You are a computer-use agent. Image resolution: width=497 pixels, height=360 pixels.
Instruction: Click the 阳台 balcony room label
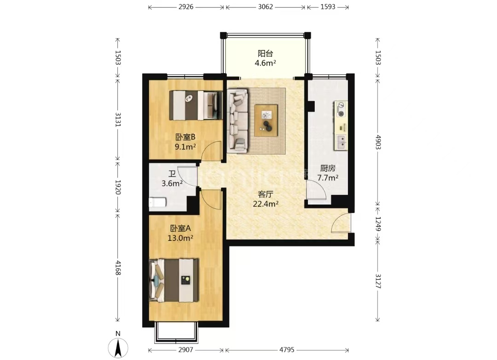point(266,53)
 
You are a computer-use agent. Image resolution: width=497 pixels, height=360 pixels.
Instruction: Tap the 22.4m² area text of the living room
point(266,204)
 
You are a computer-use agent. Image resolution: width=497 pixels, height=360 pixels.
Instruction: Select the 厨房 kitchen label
point(328,168)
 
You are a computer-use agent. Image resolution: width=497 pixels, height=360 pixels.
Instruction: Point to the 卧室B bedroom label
point(185,137)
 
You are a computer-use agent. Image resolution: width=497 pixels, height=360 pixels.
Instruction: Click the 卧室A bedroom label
point(180,229)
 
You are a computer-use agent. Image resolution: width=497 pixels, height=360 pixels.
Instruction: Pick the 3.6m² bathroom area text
point(172,183)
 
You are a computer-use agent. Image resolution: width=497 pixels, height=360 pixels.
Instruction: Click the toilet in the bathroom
point(157,202)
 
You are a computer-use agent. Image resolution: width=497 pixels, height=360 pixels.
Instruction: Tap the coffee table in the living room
point(266,120)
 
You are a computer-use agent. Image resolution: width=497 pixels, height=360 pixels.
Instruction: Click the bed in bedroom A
point(174,280)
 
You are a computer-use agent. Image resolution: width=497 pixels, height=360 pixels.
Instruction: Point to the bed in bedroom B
point(196,105)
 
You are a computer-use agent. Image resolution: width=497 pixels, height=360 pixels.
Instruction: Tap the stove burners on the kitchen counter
point(341,109)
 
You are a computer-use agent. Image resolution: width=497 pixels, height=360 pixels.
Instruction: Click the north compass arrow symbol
point(118,348)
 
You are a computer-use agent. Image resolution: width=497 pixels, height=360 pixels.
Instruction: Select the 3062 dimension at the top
point(266,6)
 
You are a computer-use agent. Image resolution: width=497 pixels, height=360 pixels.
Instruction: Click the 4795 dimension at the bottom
point(287,350)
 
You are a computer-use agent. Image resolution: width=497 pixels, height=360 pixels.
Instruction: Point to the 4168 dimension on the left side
point(118,268)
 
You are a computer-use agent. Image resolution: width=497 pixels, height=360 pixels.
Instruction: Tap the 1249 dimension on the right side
point(378,224)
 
